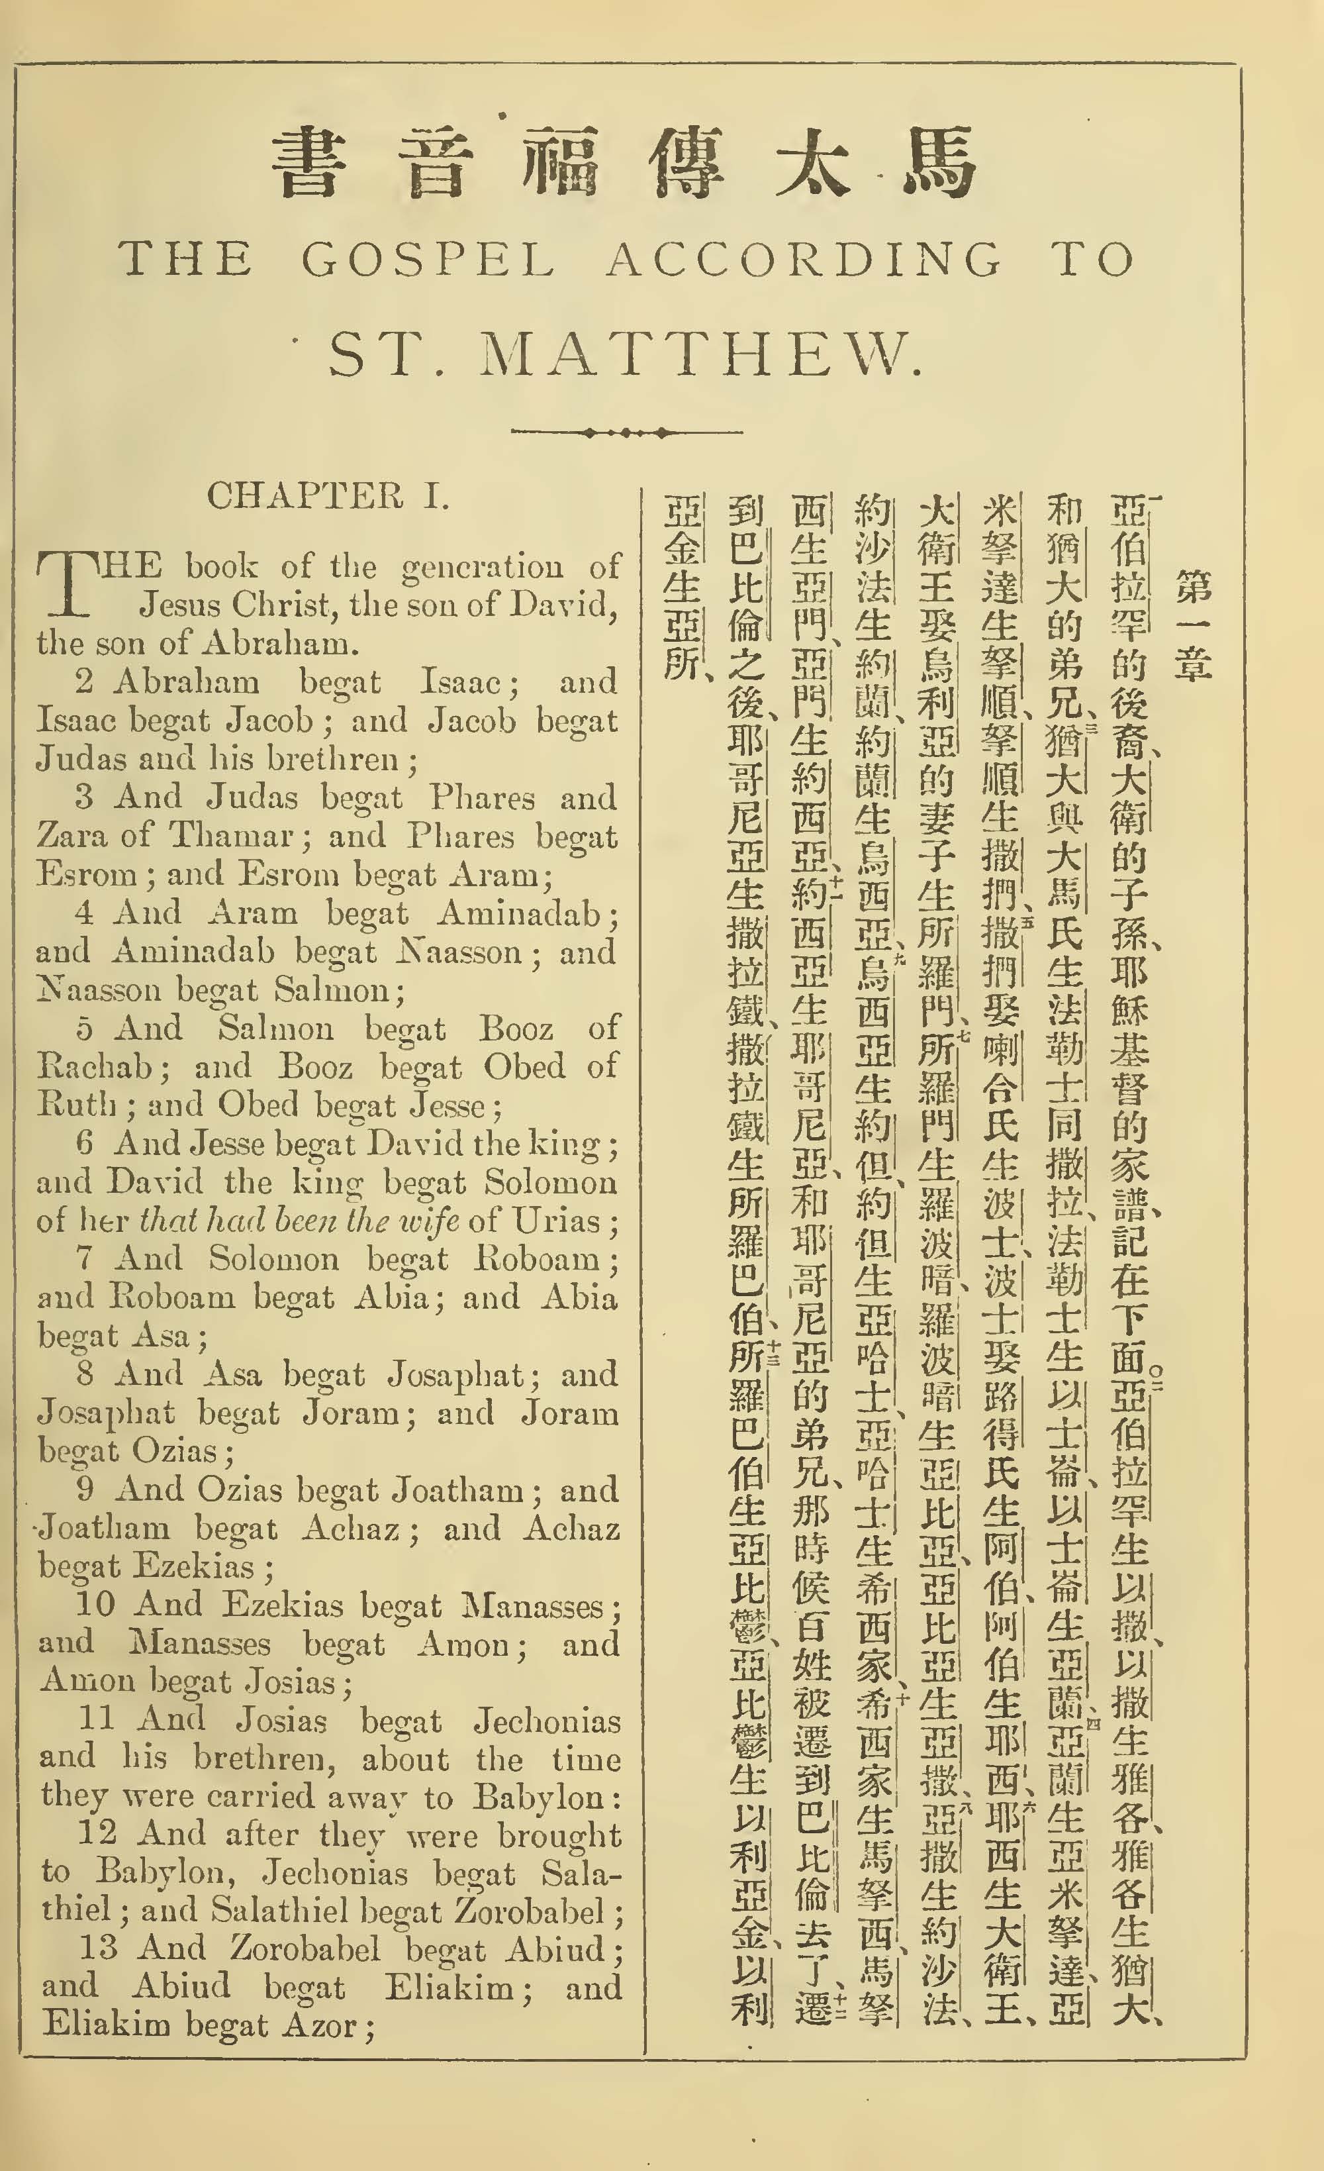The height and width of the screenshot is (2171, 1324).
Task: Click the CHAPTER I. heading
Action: (x=328, y=496)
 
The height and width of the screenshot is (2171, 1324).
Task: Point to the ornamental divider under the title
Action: (x=626, y=432)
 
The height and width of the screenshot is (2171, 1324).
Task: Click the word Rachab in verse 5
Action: (x=93, y=1067)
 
